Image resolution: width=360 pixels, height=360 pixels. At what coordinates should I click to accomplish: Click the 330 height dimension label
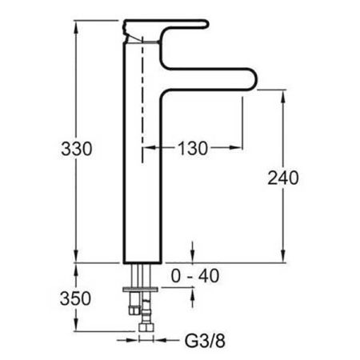pos(77,150)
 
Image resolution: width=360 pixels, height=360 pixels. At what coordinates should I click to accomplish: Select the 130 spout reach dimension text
pos(192,148)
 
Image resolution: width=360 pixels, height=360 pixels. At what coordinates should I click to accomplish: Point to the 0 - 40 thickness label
pos(195,276)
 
